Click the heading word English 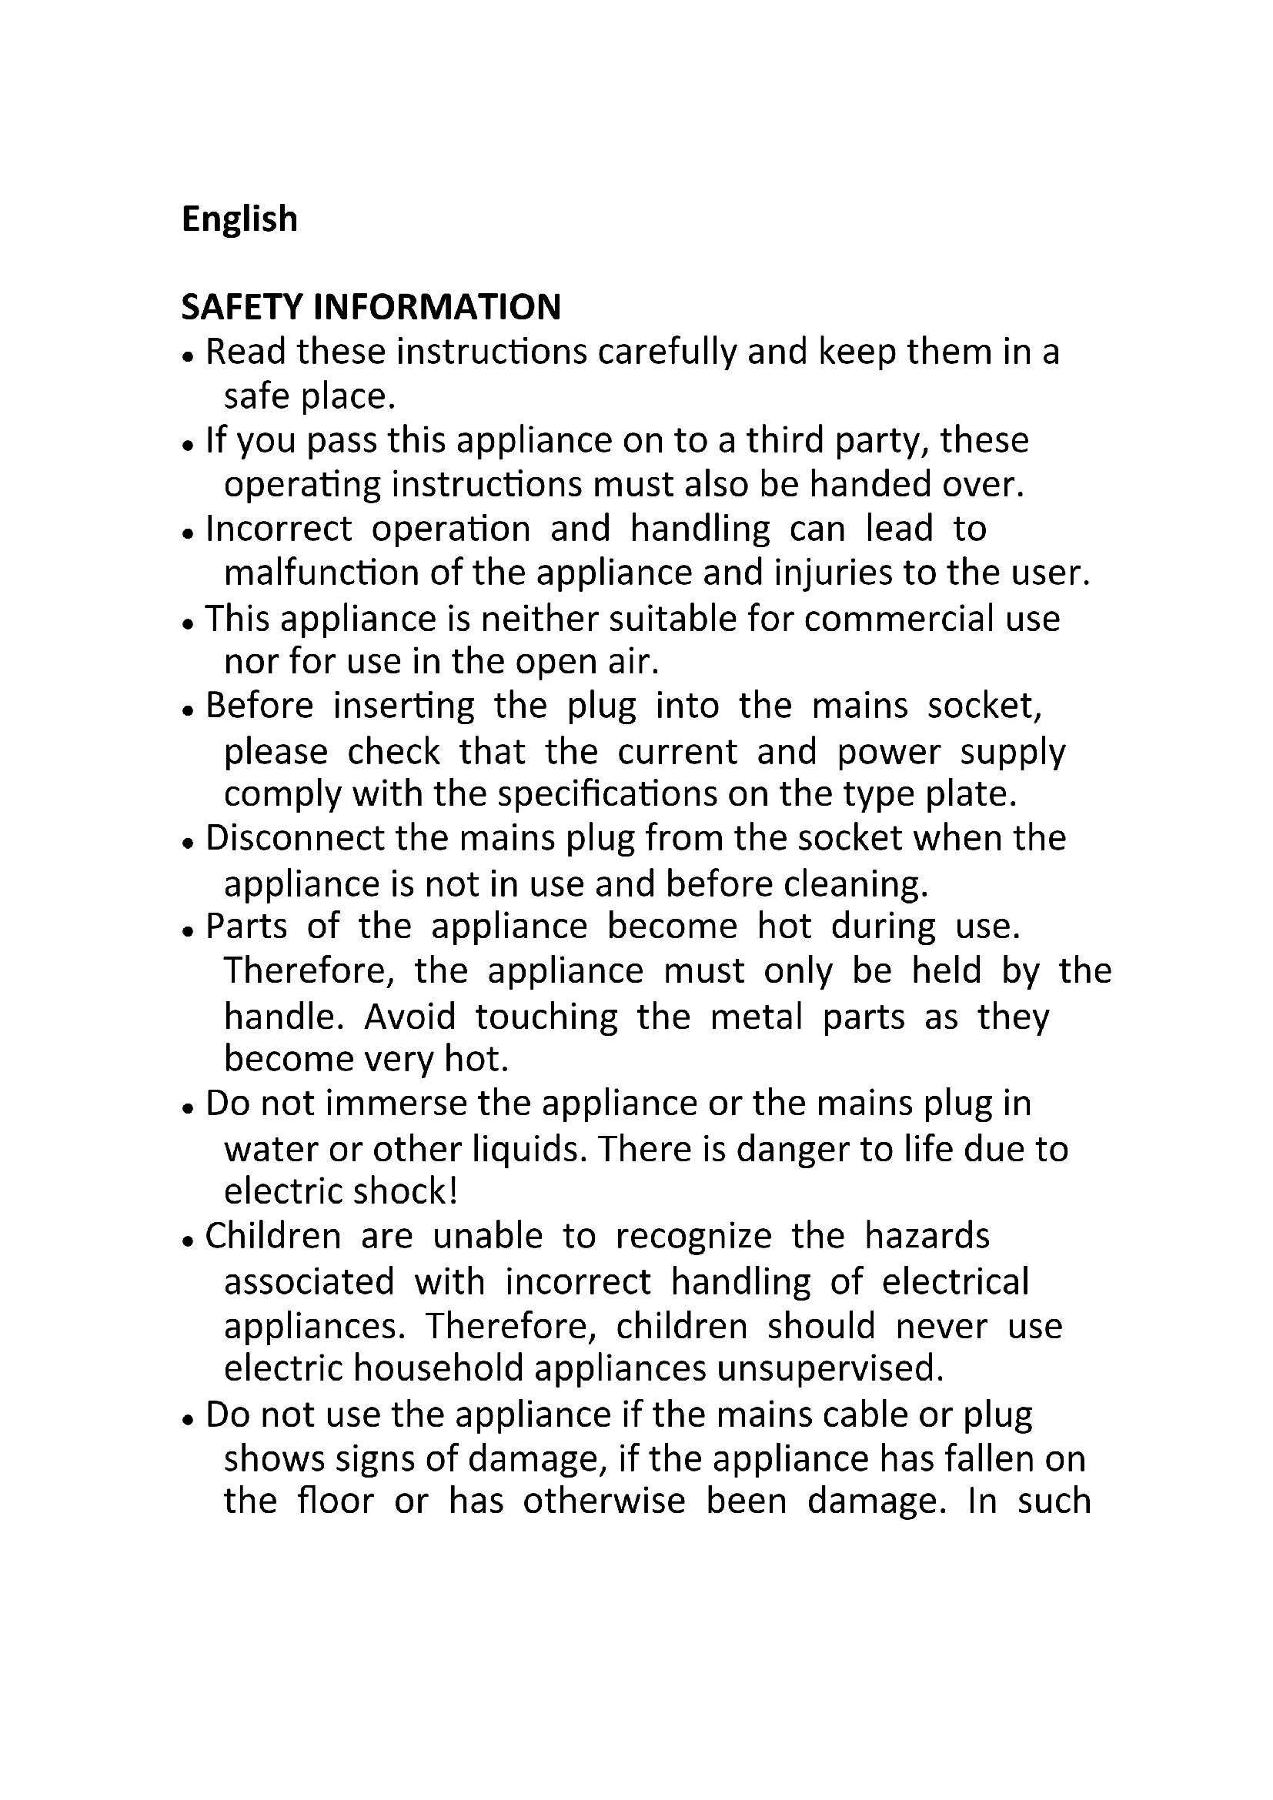click(239, 219)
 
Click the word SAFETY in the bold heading click(241, 307)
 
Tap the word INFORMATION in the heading click(436, 307)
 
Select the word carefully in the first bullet click(667, 352)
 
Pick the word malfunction click(322, 573)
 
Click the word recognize click(693, 1237)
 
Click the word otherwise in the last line click(603, 1501)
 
